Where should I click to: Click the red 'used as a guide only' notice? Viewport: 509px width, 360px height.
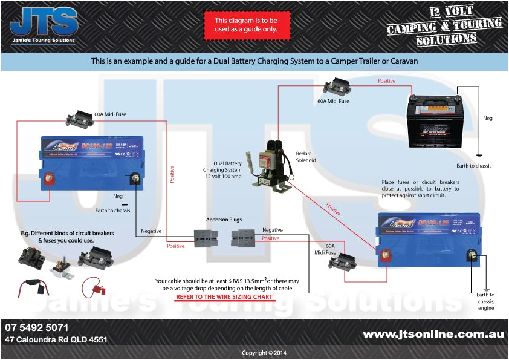(247, 25)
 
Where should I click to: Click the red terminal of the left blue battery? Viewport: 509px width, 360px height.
(51, 179)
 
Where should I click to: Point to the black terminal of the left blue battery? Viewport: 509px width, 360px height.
(135, 179)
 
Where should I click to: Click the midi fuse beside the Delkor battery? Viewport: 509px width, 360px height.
(334, 88)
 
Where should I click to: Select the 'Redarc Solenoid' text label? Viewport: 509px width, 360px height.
(305, 157)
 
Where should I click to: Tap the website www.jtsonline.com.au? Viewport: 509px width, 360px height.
(433, 334)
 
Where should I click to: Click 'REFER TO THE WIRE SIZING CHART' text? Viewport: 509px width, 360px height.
(224, 297)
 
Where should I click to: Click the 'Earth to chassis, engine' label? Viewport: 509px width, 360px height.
(485, 301)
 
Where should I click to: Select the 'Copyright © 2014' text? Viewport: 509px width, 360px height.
(264, 353)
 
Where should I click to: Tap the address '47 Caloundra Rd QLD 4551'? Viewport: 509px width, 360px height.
(56, 340)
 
